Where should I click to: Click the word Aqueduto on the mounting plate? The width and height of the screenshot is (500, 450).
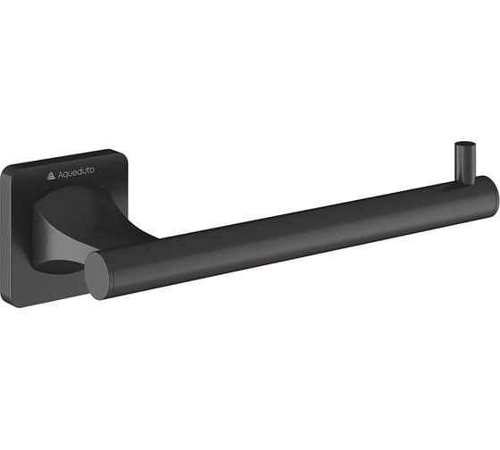click(76, 172)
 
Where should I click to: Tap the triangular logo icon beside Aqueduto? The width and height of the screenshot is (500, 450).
click(51, 176)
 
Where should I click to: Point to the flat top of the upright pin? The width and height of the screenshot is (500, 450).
click(465, 144)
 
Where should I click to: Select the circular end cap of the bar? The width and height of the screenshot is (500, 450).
click(98, 274)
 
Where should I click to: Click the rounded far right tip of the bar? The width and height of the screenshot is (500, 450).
click(496, 200)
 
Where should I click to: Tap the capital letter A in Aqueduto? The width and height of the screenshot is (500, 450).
click(61, 175)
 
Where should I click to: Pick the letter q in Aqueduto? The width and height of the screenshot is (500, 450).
click(67, 175)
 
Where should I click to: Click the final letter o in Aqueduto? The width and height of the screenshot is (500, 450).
click(91, 170)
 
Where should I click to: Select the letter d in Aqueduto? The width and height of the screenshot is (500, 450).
click(81, 171)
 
